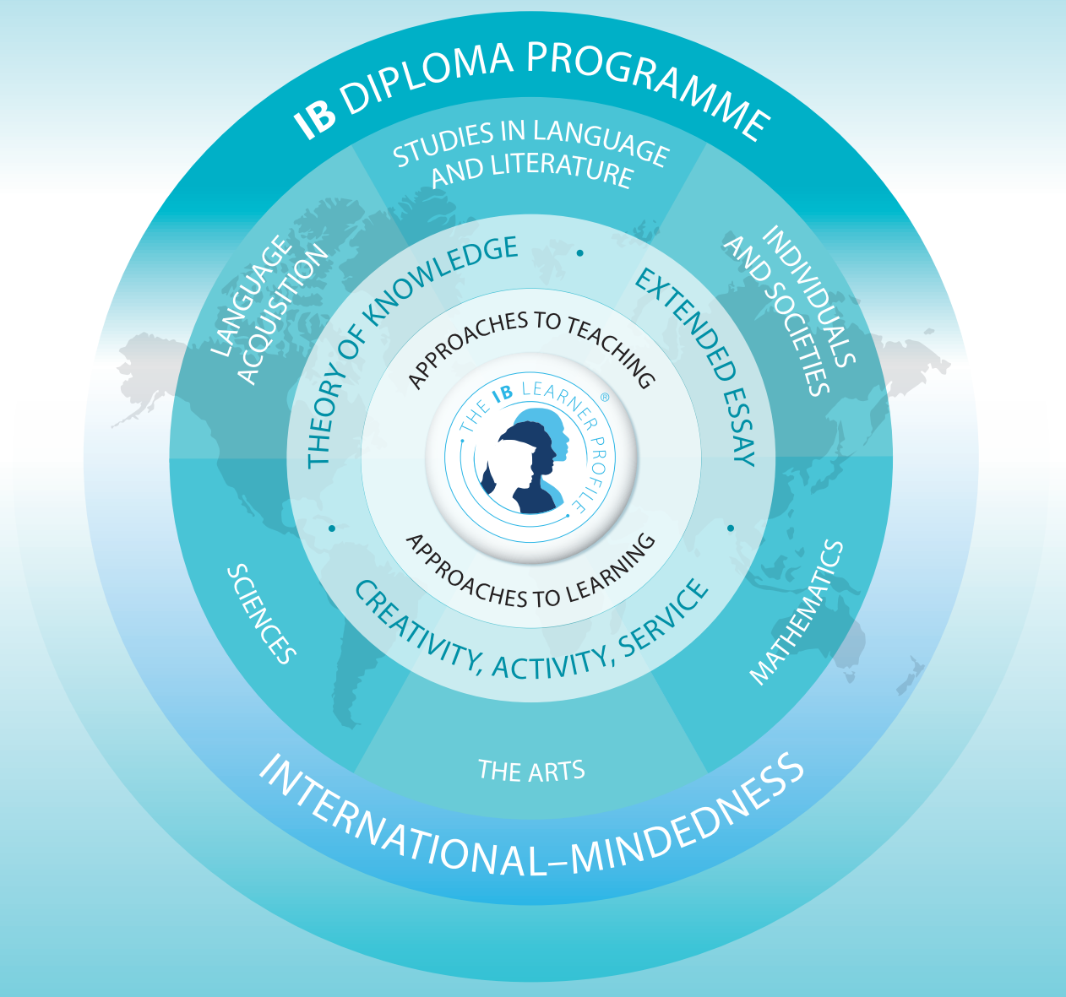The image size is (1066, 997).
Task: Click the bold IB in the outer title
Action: [316, 119]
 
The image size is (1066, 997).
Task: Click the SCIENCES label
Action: [261, 614]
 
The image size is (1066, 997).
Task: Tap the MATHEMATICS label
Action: [796, 612]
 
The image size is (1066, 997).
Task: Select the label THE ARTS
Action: [531, 770]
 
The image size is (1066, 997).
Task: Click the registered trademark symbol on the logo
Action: [605, 398]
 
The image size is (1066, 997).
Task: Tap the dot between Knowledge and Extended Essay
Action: [579, 252]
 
